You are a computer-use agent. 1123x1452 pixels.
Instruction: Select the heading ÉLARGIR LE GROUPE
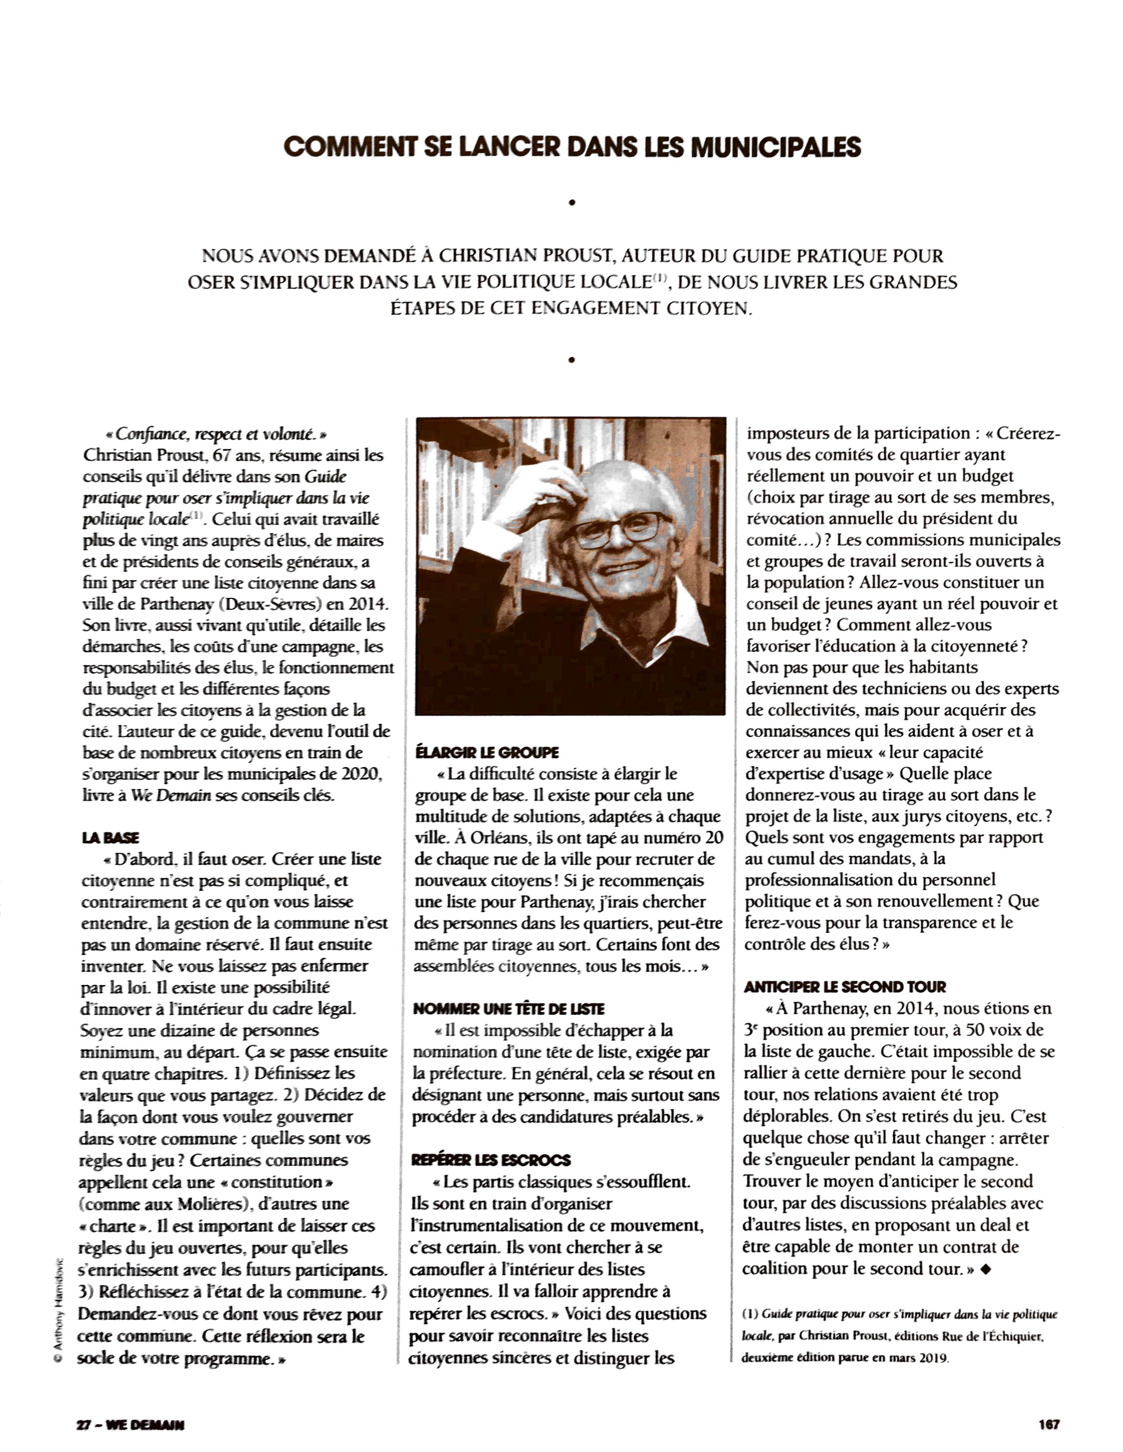click(x=487, y=752)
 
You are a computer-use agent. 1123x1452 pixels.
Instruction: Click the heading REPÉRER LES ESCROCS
click(x=491, y=1160)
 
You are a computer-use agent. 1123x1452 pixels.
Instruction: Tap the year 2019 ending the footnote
click(x=932, y=1358)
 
